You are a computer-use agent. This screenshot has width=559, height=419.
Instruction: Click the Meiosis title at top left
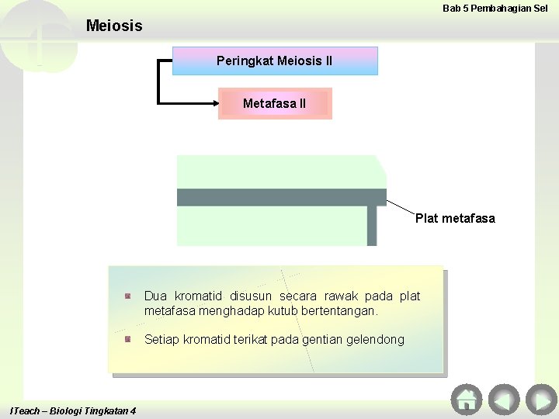tap(114, 26)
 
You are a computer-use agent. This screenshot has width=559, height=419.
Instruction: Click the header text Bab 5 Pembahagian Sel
tap(495, 9)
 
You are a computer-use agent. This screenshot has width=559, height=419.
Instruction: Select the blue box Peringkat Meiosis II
tap(275, 61)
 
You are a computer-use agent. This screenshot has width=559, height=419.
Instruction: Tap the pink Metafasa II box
tap(275, 103)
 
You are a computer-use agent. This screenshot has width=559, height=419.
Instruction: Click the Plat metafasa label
tap(455, 218)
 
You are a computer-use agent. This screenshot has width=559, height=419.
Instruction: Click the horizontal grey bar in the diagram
tap(281, 197)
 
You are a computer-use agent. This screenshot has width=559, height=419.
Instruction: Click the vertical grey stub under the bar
tap(372, 225)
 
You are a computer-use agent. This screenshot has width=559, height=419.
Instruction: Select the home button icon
tap(466, 399)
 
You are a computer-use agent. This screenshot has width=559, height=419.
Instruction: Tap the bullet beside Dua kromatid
tap(128, 296)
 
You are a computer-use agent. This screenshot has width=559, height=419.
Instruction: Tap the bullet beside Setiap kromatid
tap(128, 339)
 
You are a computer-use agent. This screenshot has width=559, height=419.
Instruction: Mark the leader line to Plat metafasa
tap(402, 207)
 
